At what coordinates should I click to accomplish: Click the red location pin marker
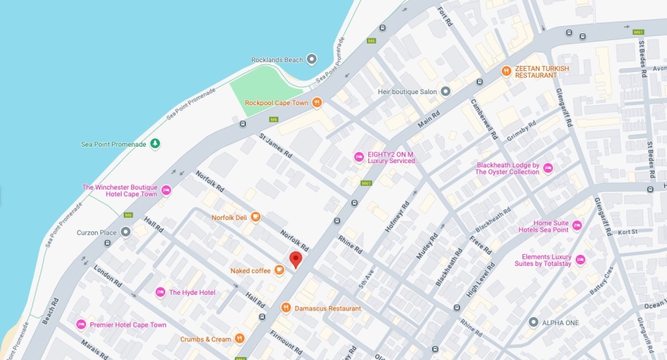(296, 259)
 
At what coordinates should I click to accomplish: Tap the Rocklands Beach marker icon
(311, 59)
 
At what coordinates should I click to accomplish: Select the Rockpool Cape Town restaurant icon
(317, 102)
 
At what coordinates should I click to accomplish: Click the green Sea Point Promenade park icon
(154, 144)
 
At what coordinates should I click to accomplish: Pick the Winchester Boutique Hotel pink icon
(167, 190)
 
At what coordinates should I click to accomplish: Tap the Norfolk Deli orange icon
(256, 217)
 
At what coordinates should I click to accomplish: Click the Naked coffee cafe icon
(279, 270)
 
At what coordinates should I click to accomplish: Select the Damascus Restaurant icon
(285, 307)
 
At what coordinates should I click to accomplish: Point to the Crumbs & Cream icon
(239, 339)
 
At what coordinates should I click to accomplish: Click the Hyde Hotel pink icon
(160, 292)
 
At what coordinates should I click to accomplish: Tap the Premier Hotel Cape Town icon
(81, 324)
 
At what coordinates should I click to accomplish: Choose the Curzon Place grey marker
(126, 233)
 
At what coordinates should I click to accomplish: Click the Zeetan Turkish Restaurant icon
(506, 71)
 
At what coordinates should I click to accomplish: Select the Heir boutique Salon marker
(445, 92)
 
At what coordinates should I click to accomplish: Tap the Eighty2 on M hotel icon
(359, 156)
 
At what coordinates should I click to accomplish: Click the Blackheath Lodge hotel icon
(548, 168)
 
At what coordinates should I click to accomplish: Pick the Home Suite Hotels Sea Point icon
(577, 226)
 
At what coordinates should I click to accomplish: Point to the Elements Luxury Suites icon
(580, 260)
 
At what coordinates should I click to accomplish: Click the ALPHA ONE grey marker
(533, 322)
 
